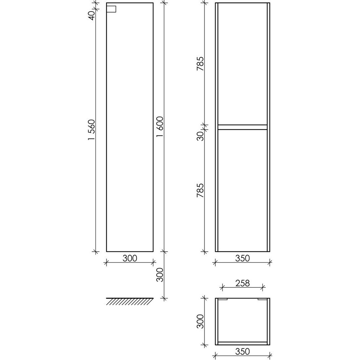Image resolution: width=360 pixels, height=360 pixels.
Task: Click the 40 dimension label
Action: [x=91, y=15]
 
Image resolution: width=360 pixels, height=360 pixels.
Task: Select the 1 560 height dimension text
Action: [x=91, y=130]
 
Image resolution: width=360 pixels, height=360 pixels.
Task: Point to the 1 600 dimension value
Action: [x=160, y=127]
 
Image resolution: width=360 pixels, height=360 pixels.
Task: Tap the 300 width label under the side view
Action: [x=130, y=258]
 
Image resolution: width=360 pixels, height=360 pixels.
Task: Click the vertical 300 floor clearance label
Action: [x=160, y=275]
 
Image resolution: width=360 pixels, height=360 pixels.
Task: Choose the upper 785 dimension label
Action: [x=200, y=63]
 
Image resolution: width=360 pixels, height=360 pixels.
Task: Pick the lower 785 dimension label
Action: [x=200, y=190]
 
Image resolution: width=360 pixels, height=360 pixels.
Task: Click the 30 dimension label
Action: [x=200, y=136]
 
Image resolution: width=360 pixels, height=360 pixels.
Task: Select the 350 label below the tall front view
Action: [x=242, y=258]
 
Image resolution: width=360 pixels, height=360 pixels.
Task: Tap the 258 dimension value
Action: [x=242, y=283]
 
